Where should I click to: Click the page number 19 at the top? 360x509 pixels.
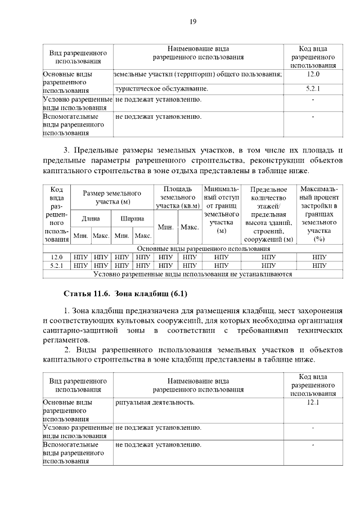pos(192,22)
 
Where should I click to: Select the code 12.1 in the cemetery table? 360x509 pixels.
pos(313,403)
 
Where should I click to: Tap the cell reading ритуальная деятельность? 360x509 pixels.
pos(155,403)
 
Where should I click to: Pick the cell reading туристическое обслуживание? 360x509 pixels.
pos(161,88)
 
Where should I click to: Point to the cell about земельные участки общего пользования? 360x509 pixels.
pos(197,74)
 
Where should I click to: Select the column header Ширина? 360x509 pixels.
pos(132,218)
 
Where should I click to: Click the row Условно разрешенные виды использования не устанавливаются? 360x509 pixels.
pos(192,274)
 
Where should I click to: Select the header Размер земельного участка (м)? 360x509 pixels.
pos(112,197)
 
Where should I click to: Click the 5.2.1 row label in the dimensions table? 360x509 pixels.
pos(56,265)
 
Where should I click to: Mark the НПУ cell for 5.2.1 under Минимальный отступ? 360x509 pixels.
pos(221,265)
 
